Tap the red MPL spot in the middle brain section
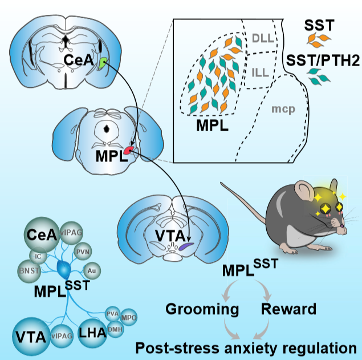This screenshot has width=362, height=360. (x=129, y=149)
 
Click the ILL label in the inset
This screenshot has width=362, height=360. (x=261, y=73)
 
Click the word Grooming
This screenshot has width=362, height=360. (x=202, y=310)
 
